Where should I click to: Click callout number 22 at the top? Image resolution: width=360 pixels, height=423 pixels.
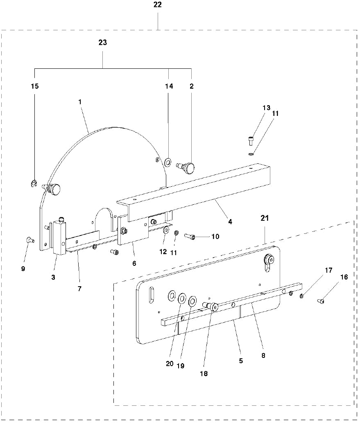pyautogui.click(x=158, y=5)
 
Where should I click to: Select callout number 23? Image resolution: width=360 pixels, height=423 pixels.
pyautogui.click(x=103, y=43)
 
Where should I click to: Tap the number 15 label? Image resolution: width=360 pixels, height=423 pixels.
pyautogui.click(x=35, y=86)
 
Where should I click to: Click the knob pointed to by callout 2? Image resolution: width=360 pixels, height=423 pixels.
pyautogui.click(x=189, y=167)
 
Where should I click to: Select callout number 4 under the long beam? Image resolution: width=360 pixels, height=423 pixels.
pyautogui.click(x=230, y=222)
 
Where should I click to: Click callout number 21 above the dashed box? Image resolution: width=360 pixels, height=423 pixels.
pyautogui.click(x=265, y=218)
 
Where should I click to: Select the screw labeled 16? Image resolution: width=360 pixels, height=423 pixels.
pyautogui.click(x=321, y=302)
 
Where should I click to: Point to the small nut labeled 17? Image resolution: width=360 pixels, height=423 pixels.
pyautogui.click(x=302, y=296)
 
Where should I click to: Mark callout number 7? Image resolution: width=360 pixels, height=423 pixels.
pyautogui.click(x=79, y=289)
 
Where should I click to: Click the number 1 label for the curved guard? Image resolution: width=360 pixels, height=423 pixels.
pyautogui.click(x=80, y=101)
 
